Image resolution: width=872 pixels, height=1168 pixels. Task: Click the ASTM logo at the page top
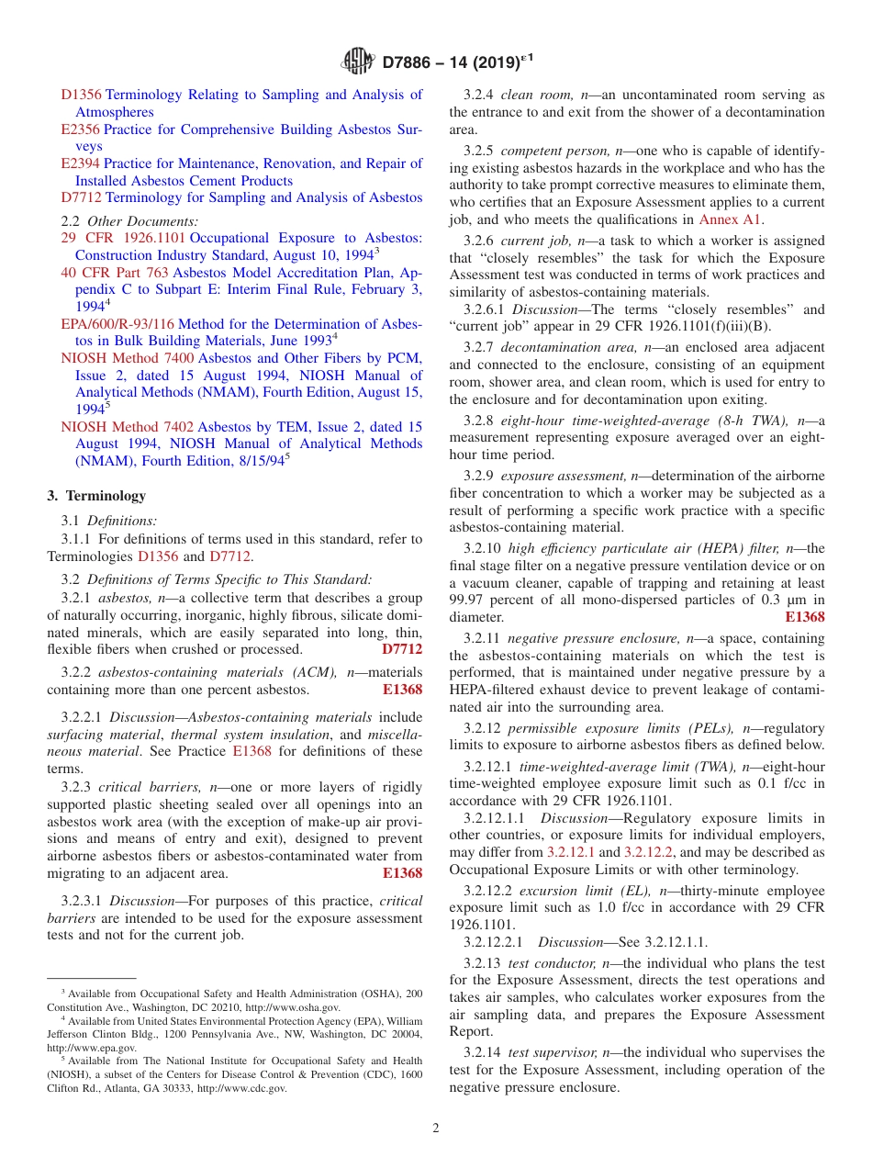(x=357, y=62)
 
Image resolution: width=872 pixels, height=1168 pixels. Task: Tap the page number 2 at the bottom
(x=435, y=1128)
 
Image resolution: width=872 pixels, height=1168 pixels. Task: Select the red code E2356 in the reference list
(x=81, y=129)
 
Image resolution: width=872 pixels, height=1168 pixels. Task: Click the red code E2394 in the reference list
(x=81, y=163)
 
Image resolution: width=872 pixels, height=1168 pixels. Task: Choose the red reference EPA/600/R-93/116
(x=117, y=324)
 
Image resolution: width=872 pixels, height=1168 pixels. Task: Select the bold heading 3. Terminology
(x=96, y=496)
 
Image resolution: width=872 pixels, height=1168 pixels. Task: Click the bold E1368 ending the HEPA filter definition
(x=805, y=617)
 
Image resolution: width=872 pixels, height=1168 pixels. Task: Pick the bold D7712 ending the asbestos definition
(x=402, y=649)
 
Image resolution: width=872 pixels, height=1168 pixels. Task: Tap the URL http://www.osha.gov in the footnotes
(x=294, y=1007)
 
